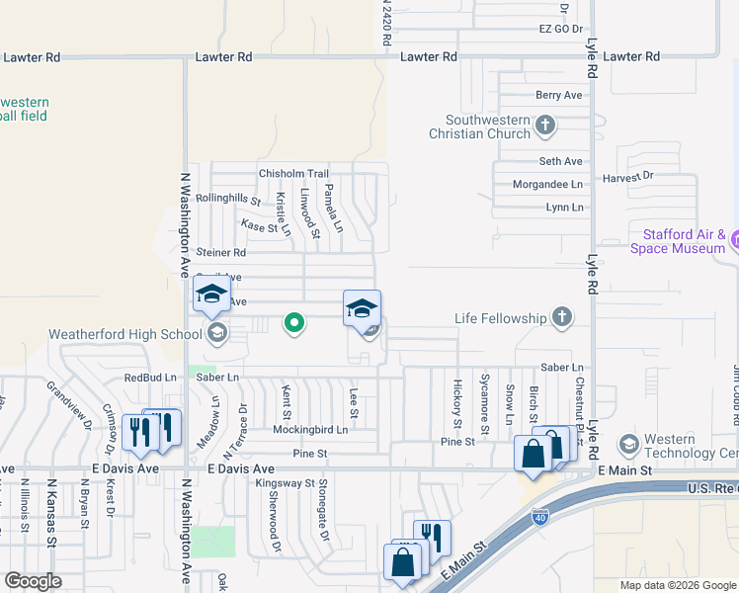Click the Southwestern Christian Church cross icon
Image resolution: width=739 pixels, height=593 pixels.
(545, 126)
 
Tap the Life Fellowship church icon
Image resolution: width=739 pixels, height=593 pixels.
(562, 317)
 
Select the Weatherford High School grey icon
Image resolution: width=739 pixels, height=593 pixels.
(216, 333)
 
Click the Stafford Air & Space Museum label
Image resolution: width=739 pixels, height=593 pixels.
(684, 241)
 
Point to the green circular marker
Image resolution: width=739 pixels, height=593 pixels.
(293, 322)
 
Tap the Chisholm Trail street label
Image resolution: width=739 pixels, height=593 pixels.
(293, 174)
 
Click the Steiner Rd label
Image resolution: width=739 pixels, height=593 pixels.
(220, 253)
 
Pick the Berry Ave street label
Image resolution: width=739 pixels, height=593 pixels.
(559, 95)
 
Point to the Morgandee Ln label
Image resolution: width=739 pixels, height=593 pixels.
(547, 185)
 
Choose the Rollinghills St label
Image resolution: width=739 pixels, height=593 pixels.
(228, 199)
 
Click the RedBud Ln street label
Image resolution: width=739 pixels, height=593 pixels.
(148, 378)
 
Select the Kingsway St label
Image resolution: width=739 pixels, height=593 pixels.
(285, 484)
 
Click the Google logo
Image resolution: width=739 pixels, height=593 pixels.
(33, 581)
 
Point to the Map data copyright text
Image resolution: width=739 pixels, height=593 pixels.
(677, 585)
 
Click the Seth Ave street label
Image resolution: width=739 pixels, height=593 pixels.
(561, 161)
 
